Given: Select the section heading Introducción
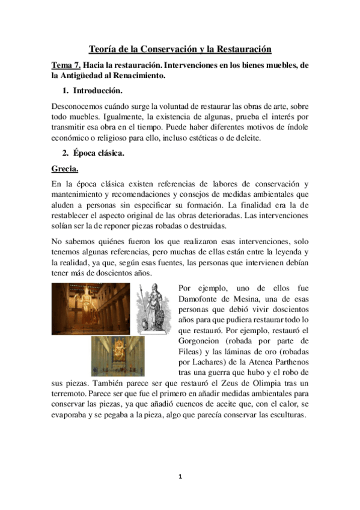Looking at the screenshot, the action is [x=97, y=91].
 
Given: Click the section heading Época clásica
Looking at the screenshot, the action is [x=99, y=153].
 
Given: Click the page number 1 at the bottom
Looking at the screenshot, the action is [x=180, y=476].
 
